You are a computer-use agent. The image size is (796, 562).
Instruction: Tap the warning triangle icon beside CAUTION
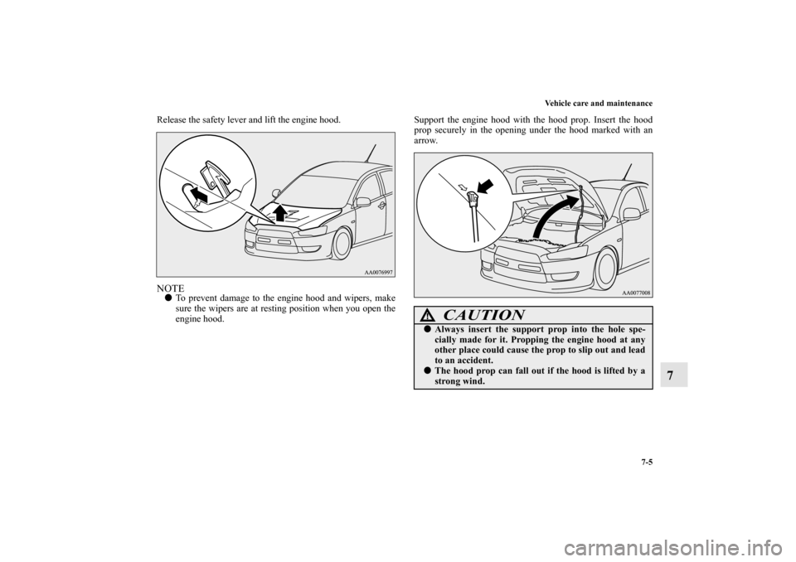click(x=431, y=316)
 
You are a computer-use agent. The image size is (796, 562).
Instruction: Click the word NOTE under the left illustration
click(x=170, y=288)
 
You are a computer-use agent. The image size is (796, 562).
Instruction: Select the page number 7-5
click(x=646, y=123)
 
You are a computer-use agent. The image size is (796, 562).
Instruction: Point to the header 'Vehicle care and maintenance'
click(x=599, y=104)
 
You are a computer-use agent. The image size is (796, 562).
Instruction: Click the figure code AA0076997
click(x=378, y=272)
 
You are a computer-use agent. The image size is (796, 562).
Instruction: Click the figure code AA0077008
click(x=636, y=293)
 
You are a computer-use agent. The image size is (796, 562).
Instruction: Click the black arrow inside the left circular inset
click(x=200, y=195)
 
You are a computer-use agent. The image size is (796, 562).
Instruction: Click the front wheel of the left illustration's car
click(x=341, y=244)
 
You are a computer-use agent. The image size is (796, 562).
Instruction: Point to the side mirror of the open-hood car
click(x=633, y=214)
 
